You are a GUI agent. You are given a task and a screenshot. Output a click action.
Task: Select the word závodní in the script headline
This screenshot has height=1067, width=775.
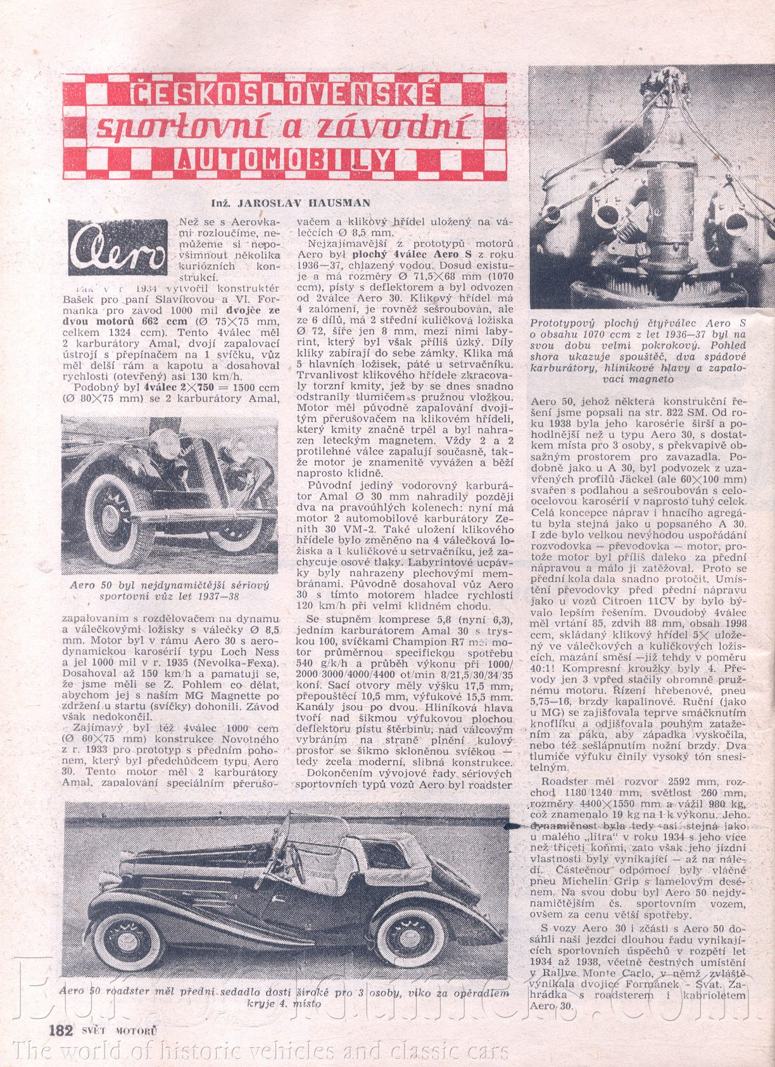tap(401, 127)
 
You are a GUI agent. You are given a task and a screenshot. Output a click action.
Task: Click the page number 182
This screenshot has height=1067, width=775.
tap(62, 1030)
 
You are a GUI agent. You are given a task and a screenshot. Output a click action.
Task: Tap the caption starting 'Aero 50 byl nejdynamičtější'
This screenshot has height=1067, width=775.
tap(170, 590)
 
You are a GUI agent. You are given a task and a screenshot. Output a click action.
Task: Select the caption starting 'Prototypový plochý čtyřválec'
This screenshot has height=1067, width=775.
tap(638, 350)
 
